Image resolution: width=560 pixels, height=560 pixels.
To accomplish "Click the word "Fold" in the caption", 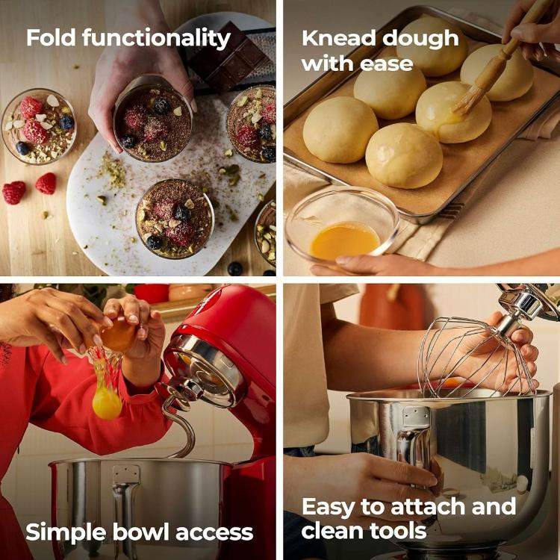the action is tap(51, 37).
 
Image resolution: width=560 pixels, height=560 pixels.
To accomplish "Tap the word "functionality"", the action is tap(157, 39).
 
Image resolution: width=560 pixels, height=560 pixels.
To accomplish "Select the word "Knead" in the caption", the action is tap(338, 38).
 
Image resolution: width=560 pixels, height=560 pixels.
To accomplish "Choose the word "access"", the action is tap(214, 534).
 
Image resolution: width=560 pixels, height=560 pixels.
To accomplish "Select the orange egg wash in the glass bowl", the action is tap(344, 241).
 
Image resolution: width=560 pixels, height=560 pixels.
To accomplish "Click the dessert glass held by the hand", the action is tap(153, 119).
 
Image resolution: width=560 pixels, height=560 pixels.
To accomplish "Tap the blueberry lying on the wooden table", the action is tap(234, 268).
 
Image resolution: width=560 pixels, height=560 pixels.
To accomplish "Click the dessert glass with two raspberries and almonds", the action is tap(39, 126).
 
